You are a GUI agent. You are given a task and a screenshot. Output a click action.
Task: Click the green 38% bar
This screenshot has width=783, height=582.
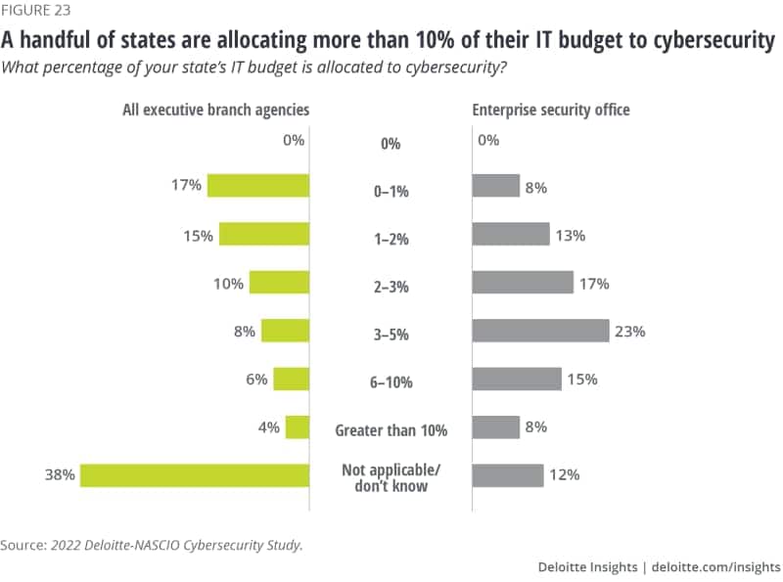pyautogui.click(x=195, y=475)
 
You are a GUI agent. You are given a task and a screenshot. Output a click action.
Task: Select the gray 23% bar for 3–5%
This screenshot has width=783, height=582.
pyautogui.click(x=540, y=331)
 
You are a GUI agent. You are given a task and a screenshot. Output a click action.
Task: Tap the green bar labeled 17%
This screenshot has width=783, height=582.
pyautogui.click(x=258, y=185)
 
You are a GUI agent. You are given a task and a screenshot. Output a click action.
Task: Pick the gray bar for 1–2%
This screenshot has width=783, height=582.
pyautogui.click(x=511, y=234)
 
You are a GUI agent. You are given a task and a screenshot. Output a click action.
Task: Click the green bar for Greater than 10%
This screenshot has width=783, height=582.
pyautogui.click(x=298, y=427)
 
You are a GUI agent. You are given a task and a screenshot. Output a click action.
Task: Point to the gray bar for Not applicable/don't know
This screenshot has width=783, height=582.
pyautogui.click(x=508, y=475)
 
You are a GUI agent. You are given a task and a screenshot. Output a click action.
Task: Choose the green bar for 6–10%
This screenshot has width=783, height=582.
pyautogui.click(x=292, y=379)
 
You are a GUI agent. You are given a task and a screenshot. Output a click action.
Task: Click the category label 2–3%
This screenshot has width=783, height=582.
pyautogui.click(x=391, y=288)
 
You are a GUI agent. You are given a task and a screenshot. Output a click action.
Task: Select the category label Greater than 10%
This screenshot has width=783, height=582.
pyautogui.click(x=391, y=429)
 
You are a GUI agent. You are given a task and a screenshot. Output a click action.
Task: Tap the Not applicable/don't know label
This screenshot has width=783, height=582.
pyautogui.click(x=391, y=478)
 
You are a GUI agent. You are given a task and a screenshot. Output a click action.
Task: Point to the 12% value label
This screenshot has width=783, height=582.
pyautogui.click(x=565, y=475)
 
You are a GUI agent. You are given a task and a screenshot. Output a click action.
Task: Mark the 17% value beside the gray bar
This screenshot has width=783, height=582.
pyautogui.click(x=594, y=283)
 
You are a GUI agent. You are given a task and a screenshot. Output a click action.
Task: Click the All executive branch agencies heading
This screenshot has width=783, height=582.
pyautogui.click(x=215, y=110)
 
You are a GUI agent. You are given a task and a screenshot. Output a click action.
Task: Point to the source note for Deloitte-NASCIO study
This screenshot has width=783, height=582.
pyautogui.click(x=152, y=544)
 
